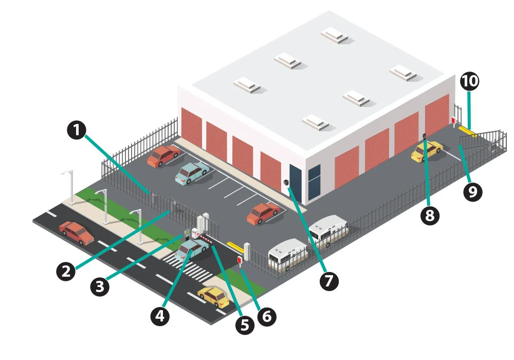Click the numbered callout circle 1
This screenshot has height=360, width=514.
(x=77, y=130)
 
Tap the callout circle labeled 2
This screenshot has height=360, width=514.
(x=66, y=271)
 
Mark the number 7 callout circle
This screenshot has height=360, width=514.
(x=328, y=280)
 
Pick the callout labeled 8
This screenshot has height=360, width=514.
(x=430, y=215)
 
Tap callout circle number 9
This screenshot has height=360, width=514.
(x=472, y=191)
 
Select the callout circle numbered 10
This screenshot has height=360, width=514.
(x=469, y=81)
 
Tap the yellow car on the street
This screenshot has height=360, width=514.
(x=213, y=296)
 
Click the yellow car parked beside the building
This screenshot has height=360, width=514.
(x=427, y=150)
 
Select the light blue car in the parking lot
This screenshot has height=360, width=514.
(x=191, y=172)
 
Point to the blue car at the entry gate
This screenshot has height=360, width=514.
(x=190, y=249)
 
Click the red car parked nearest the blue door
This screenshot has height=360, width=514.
(x=263, y=213)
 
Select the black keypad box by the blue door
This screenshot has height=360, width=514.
(x=286, y=183)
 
